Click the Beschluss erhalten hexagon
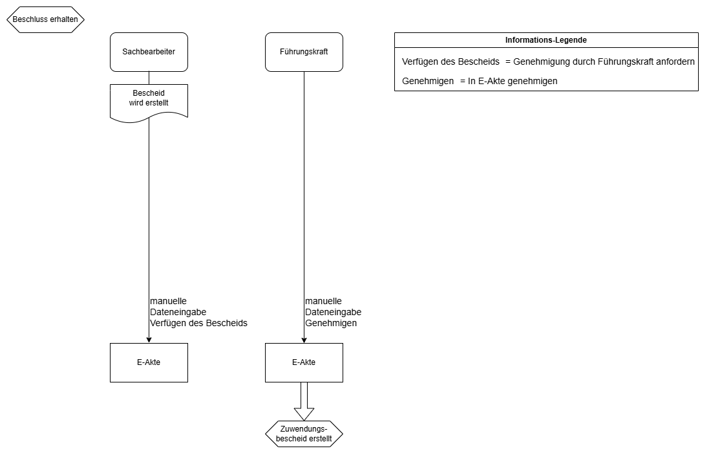click(x=45, y=19)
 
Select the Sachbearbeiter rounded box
click(x=149, y=52)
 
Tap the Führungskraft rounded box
click(x=304, y=52)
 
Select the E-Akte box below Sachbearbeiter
click(x=149, y=362)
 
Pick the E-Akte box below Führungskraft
click(x=304, y=362)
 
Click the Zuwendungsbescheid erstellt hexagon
click(x=304, y=434)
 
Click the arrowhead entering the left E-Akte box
click(x=149, y=339)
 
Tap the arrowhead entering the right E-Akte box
click(x=304, y=339)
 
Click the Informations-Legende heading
click(x=546, y=40)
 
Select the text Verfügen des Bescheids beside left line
click(x=198, y=323)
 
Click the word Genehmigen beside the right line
click(x=331, y=323)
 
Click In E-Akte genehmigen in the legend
click(x=513, y=82)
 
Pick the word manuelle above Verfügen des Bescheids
click(x=168, y=301)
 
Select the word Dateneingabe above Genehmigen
click(x=333, y=312)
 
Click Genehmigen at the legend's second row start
click(x=427, y=82)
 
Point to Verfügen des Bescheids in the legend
click(x=451, y=62)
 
